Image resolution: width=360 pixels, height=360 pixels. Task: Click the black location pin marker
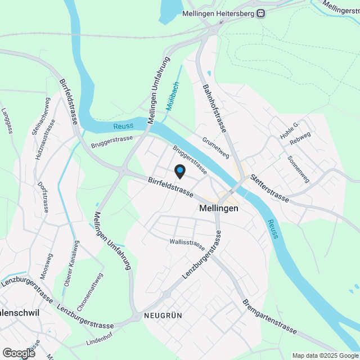point(179,170)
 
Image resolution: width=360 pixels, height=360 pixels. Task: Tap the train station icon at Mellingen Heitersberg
point(261,14)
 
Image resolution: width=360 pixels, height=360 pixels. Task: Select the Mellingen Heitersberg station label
point(218,14)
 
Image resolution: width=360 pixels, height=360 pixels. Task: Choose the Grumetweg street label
point(216,147)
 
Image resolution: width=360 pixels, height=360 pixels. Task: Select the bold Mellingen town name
point(219,208)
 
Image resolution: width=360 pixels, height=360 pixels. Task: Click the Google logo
point(19,353)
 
